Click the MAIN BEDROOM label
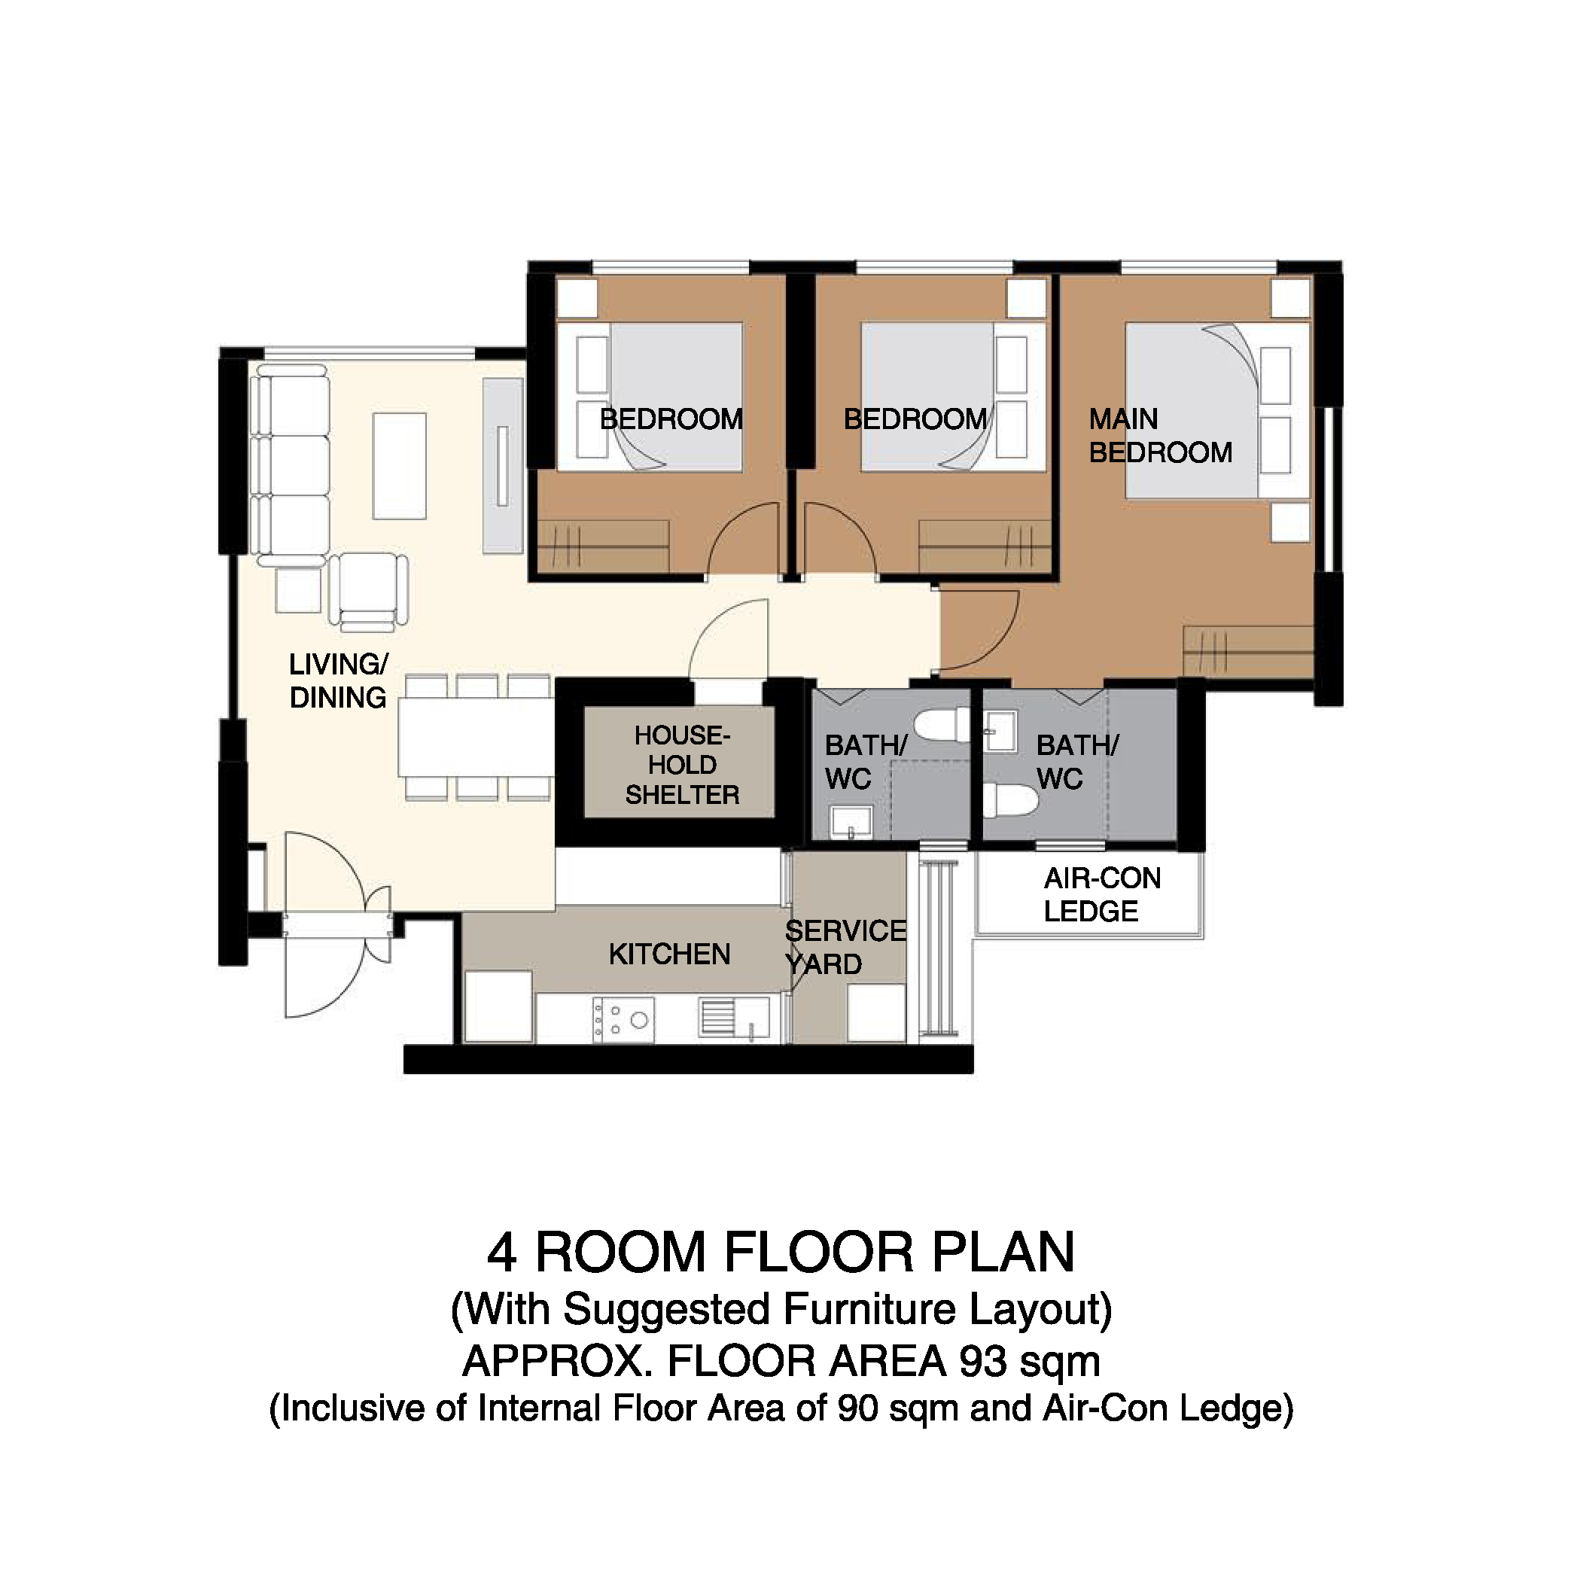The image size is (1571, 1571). coord(1160,436)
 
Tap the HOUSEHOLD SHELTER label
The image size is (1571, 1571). coord(682,765)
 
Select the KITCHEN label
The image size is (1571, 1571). coord(669,954)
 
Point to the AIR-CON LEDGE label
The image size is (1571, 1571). coord(1102,894)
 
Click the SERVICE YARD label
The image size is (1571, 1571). coord(845,947)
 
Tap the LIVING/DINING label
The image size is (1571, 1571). coord(338,681)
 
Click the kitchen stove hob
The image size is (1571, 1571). coord(623,1019)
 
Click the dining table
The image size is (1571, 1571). coord(476,737)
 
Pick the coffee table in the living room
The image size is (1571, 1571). coord(399,466)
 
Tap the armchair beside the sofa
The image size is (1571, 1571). coord(368,591)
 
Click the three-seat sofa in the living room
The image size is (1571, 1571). coord(291,465)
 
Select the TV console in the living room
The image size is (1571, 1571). coord(503,466)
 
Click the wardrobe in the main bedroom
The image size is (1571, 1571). coord(1248,651)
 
